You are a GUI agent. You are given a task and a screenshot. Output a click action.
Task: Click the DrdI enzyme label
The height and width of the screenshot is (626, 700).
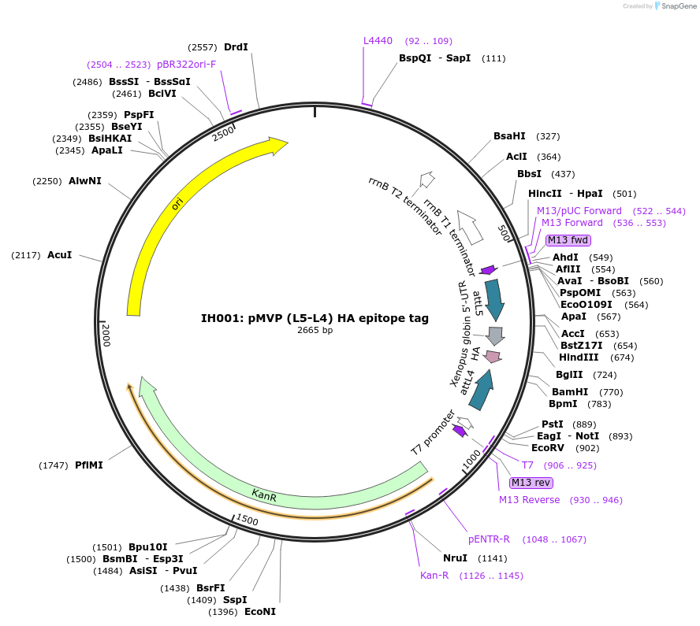click(x=236, y=47)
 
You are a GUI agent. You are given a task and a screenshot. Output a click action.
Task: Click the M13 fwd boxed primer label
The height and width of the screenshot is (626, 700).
click(x=568, y=240)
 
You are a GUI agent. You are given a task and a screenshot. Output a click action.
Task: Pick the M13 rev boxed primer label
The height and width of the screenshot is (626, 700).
click(x=531, y=483)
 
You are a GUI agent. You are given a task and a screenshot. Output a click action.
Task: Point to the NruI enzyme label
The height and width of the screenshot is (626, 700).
click(x=455, y=558)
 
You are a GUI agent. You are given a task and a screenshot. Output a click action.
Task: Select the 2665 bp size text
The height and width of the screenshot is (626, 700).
click(x=315, y=331)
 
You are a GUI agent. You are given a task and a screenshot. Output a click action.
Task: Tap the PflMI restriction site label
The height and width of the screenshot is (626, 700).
click(x=88, y=465)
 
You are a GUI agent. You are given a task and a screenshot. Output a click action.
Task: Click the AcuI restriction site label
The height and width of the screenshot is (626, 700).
click(x=59, y=255)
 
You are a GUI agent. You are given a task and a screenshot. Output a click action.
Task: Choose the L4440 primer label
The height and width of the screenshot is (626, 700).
click(x=378, y=41)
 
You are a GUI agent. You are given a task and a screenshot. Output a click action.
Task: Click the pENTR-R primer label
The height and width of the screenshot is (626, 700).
click(x=489, y=539)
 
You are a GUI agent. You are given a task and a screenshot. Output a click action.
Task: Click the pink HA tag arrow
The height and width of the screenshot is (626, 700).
click(x=493, y=357)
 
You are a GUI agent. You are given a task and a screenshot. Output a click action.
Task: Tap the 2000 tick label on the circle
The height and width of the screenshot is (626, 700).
click(x=106, y=335)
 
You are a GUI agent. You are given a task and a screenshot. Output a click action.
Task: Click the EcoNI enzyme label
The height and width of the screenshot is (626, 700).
click(x=260, y=612)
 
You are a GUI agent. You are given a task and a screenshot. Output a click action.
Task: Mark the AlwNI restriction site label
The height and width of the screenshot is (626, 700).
click(x=85, y=181)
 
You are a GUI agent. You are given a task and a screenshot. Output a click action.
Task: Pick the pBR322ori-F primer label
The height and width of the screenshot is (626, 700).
click(x=186, y=65)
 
